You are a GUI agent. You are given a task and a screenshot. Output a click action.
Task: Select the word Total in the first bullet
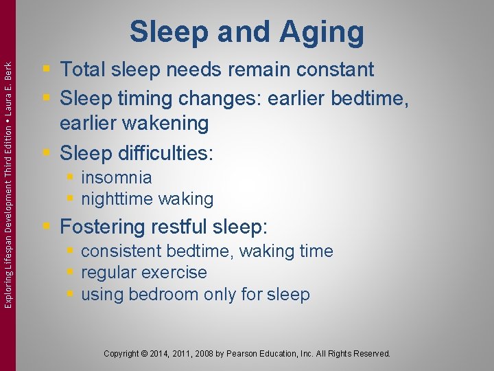tap(85, 69)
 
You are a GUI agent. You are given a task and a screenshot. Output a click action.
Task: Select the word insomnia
tap(116, 177)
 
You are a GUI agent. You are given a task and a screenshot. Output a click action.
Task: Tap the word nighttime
tap(117, 199)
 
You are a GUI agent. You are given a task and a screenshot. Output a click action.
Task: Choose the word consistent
tap(123, 251)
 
